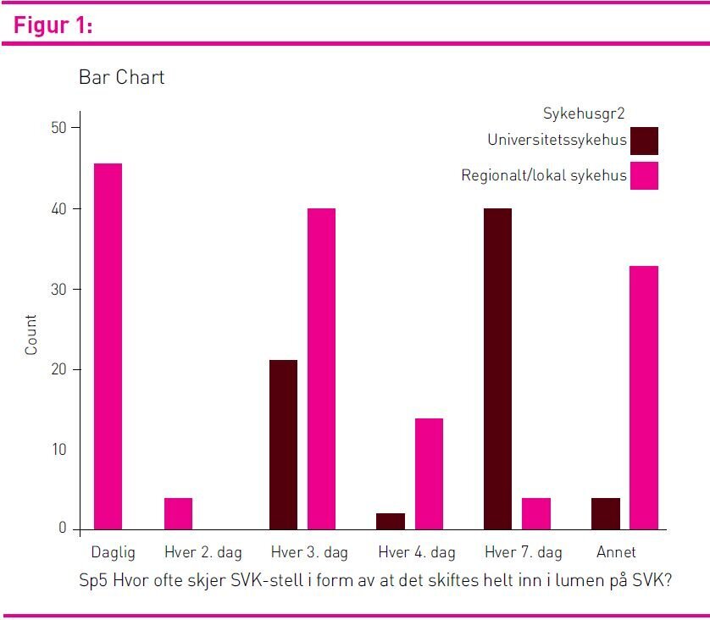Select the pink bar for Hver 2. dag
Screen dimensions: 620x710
coord(178,513)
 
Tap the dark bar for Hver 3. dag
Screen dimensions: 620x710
coord(283,445)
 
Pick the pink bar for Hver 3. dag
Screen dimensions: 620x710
coord(321,368)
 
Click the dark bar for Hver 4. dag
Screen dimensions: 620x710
coord(391,521)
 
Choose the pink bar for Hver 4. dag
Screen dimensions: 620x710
coord(429,473)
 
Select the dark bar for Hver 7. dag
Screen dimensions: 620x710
coord(497,368)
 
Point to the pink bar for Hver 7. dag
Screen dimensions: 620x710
coord(536,513)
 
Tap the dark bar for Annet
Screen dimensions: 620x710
coord(606,513)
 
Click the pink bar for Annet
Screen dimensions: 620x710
coord(644,397)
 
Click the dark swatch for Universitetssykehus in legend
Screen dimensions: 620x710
coord(644,141)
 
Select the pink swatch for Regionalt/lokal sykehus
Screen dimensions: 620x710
coord(644,175)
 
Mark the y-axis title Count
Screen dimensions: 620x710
coord(31,334)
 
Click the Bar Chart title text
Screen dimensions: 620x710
coord(121,77)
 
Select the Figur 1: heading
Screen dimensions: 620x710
coord(53,26)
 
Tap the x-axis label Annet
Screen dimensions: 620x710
coord(616,552)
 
